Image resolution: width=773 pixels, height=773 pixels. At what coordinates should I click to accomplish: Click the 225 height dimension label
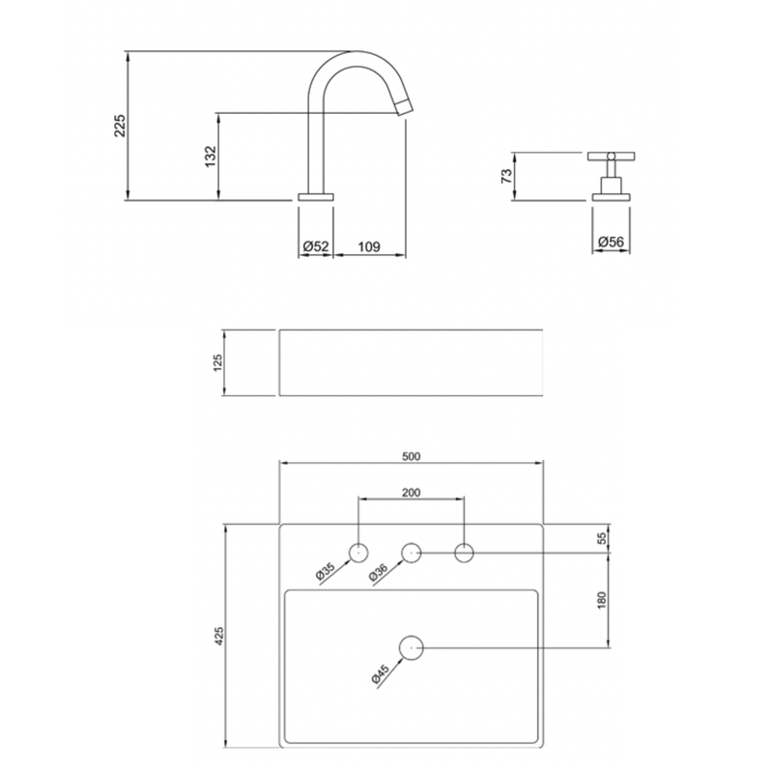click(x=120, y=126)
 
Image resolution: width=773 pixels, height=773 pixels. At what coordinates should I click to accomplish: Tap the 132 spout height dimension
click(x=211, y=157)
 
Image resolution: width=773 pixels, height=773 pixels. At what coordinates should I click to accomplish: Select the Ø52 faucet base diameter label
click(x=316, y=246)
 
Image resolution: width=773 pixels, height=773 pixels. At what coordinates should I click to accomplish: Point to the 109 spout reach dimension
click(x=369, y=246)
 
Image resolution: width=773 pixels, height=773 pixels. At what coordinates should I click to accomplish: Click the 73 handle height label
click(x=506, y=176)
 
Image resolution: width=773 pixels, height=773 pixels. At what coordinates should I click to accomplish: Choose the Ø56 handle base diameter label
click(x=611, y=242)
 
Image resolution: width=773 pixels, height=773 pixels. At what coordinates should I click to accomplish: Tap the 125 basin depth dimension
click(x=218, y=362)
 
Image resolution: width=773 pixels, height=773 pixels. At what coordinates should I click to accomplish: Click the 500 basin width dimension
click(x=412, y=456)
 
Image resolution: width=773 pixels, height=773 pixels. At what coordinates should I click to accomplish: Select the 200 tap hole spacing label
click(x=412, y=493)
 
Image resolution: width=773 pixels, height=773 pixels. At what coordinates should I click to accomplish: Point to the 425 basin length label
click(x=219, y=636)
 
